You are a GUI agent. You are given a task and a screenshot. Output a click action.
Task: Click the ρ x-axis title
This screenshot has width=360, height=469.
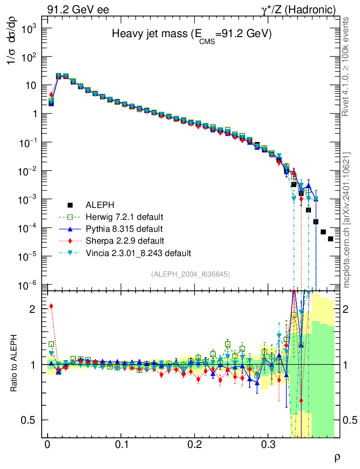pos(337,457)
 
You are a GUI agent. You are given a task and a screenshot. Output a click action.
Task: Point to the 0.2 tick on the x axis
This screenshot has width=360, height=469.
pos(195,445)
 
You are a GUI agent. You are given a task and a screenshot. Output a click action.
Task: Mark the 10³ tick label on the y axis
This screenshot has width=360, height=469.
pos(28,28)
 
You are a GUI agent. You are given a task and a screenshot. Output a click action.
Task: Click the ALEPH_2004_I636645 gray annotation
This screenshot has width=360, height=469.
pos(190,274)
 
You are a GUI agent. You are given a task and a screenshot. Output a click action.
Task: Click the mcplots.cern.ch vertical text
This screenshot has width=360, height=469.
pos(347,220)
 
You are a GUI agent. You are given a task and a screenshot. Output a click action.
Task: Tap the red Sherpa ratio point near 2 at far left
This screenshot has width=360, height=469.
pos(51,306)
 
